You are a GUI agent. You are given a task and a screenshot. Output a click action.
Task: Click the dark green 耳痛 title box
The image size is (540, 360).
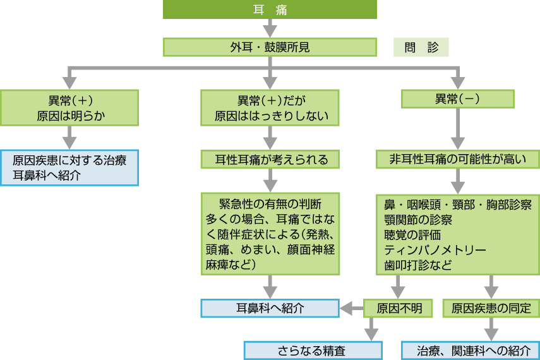click(x=270, y=9)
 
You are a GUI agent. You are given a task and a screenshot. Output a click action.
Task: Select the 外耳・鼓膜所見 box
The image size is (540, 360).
click(x=270, y=47)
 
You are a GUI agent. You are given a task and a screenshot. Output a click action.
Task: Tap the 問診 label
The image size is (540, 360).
click(x=421, y=47)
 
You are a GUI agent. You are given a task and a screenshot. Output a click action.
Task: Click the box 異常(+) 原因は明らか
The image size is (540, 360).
click(x=69, y=107)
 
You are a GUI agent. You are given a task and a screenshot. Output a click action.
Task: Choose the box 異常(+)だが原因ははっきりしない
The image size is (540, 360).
click(x=270, y=107)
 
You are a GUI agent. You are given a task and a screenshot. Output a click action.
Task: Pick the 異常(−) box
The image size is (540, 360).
click(x=459, y=99)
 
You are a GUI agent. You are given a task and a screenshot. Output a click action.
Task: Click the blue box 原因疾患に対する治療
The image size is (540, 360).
click(x=69, y=167)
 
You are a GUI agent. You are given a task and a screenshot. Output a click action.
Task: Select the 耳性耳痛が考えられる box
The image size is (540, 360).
click(x=270, y=159)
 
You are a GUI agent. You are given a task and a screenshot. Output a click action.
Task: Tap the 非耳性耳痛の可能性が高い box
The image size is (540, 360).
click(x=459, y=159)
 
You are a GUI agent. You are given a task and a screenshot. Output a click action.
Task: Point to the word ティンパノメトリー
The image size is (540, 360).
click(x=436, y=250)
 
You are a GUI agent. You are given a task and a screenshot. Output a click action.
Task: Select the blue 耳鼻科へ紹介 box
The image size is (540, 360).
click(x=270, y=308)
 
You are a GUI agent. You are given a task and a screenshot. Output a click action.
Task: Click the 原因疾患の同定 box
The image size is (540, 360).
click(x=491, y=308)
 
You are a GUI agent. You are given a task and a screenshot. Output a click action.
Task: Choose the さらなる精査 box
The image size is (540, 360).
click(x=313, y=351)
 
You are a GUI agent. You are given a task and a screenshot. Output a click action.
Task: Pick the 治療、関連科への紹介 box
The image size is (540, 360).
click(x=471, y=351)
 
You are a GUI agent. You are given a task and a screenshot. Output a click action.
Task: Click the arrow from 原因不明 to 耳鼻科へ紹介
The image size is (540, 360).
click(x=352, y=308)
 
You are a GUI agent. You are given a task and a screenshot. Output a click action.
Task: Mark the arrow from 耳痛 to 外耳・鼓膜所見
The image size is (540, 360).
click(x=270, y=28)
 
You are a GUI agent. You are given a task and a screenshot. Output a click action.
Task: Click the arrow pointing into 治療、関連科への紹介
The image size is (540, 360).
click(x=491, y=330)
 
